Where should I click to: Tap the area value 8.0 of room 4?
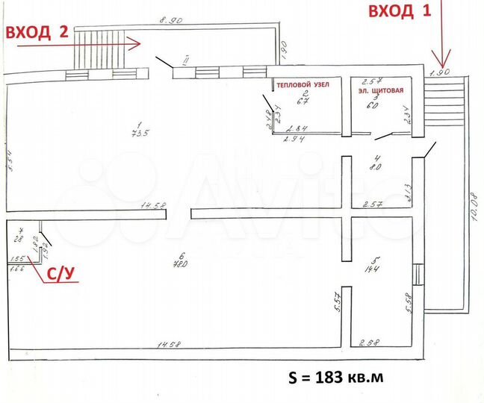[376, 167]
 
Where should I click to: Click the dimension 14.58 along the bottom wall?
[167, 344]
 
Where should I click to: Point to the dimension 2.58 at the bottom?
[370, 343]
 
